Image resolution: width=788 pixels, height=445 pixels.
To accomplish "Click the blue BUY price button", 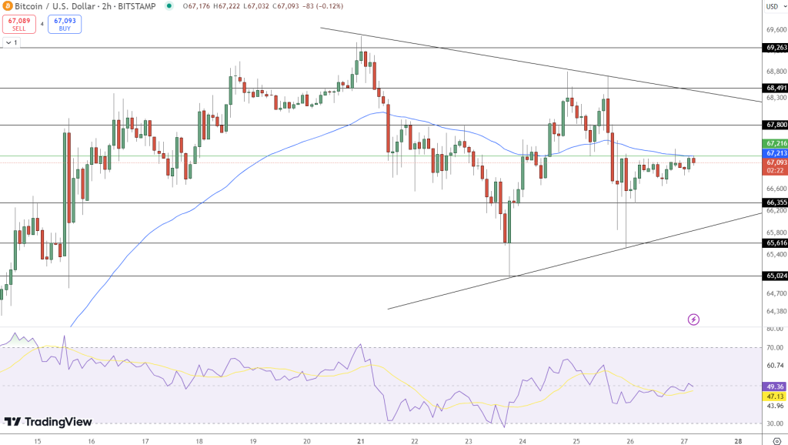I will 65,24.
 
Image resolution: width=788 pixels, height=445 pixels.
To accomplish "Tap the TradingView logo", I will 48,422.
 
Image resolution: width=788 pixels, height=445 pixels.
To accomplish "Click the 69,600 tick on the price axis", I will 774,30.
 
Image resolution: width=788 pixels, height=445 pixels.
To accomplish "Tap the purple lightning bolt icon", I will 693,319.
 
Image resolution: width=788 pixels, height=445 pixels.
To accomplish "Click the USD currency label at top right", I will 772,7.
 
